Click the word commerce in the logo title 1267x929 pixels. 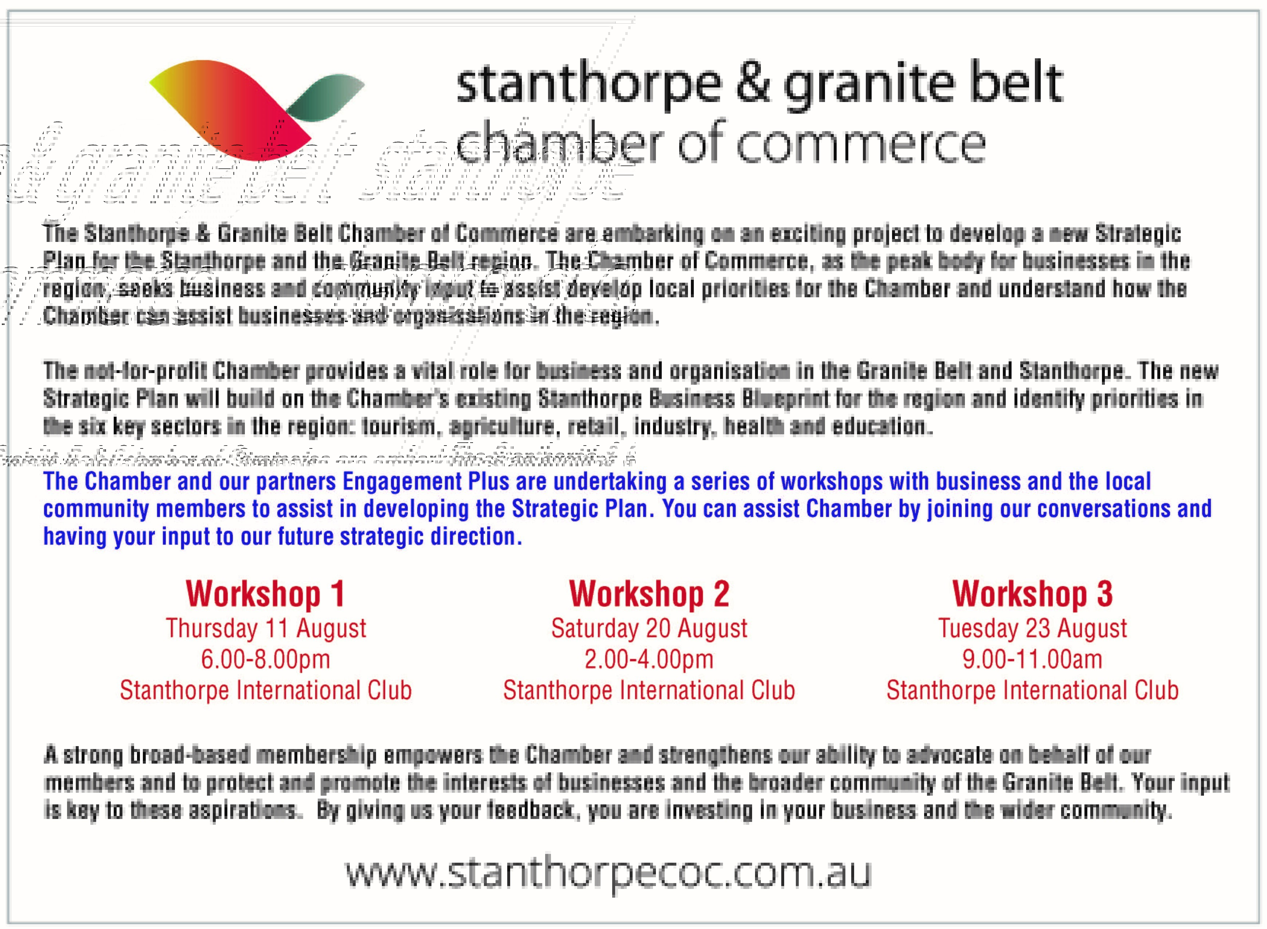pyautogui.click(x=860, y=145)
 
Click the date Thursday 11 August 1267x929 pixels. pyautogui.click(x=265, y=628)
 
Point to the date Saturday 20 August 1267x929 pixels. pyautogui.click(x=649, y=628)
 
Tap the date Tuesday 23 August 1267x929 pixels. pyautogui.click(x=1032, y=628)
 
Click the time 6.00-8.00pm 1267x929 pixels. pyautogui.click(x=265, y=659)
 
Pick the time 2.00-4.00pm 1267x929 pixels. pyautogui.click(x=649, y=659)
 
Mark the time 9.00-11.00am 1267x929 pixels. pyautogui.click(x=1032, y=659)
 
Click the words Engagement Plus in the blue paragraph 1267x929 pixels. pyautogui.click(x=426, y=482)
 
